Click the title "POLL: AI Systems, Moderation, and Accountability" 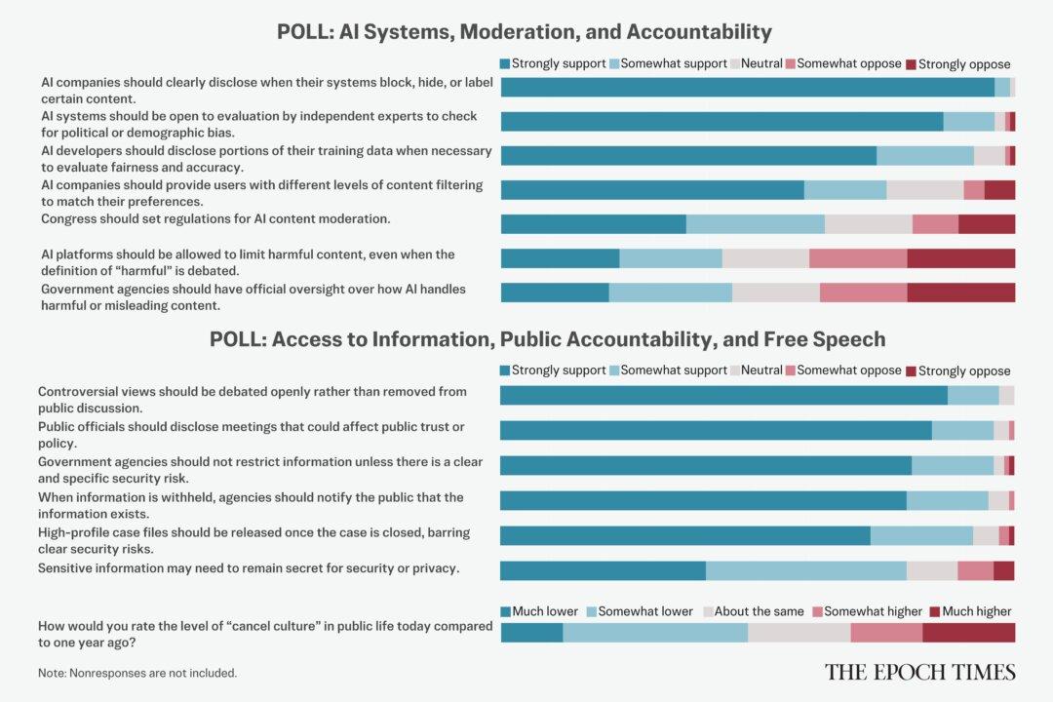524,32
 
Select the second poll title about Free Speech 547,339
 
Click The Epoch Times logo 919,672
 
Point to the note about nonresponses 136,673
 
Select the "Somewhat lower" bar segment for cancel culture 655,633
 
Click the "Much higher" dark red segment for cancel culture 968,633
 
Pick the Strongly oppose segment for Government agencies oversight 960,292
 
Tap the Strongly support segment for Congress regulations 593,224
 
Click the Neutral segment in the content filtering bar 924,190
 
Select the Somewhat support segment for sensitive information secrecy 805,571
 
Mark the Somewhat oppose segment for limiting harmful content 857,258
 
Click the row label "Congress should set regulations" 215,218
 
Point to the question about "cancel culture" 264,634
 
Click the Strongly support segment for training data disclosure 688,156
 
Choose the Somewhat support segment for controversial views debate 972,395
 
